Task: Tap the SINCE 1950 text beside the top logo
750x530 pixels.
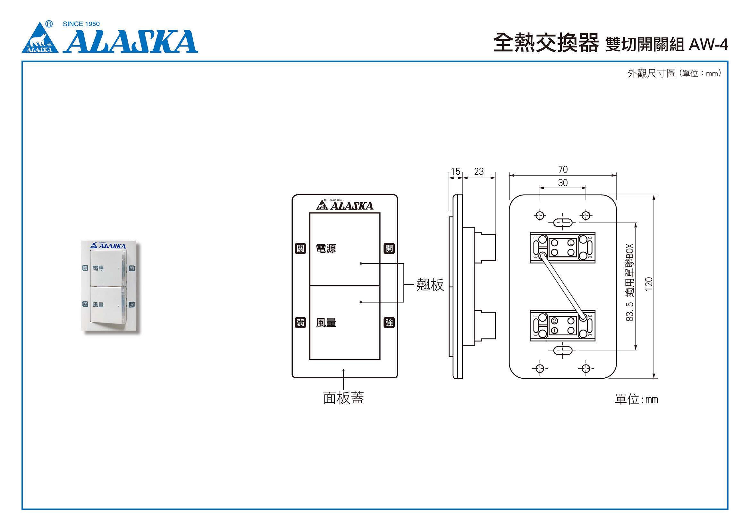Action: coord(81,24)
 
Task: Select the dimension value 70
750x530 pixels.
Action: coord(563,170)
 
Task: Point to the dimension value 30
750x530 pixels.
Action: coord(562,183)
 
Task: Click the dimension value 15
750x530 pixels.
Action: coord(455,172)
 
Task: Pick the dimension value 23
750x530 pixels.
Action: coord(478,172)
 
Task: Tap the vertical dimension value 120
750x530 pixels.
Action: coord(649,284)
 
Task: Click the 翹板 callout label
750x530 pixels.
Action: coord(430,285)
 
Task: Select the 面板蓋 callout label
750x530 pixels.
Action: coord(343,398)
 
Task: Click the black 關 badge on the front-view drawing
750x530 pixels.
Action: coord(300,248)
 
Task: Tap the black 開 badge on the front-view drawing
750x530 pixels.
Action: coord(389,248)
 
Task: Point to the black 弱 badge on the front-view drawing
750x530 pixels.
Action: coord(300,323)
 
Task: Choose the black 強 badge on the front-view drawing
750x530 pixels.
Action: coord(389,323)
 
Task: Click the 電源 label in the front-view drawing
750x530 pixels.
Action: coord(326,248)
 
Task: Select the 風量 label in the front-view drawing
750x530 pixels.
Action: coord(326,323)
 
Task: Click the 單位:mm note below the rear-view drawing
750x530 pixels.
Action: coord(636,400)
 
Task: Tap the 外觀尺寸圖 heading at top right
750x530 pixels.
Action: coord(651,73)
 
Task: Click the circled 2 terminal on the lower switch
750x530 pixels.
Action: coord(554,321)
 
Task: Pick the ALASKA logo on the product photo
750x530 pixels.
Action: coord(108,246)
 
